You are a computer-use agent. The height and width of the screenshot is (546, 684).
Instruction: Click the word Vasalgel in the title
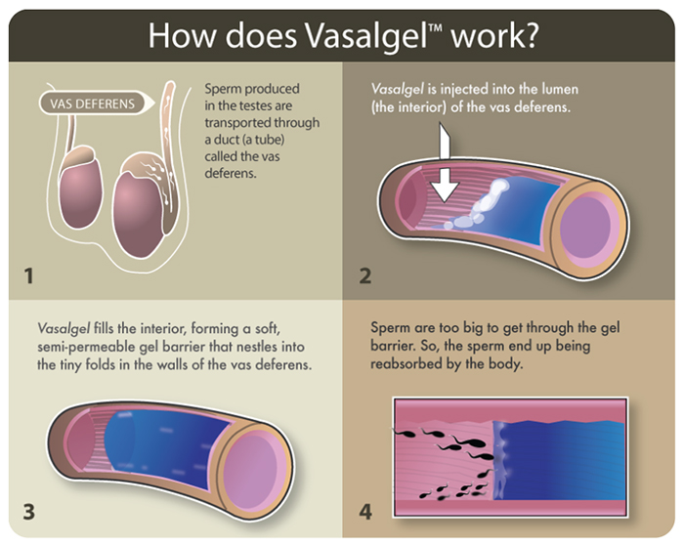[x=366, y=35]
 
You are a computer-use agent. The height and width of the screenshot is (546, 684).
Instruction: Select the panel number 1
[x=28, y=275]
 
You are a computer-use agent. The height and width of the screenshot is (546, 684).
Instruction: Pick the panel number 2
[x=364, y=275]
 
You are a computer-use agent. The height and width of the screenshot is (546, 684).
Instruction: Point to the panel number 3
[x=28, y=511]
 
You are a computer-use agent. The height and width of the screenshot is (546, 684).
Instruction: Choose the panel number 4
[x=365, y=511]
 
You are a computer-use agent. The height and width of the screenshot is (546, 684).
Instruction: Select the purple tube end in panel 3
[x=251, y=467]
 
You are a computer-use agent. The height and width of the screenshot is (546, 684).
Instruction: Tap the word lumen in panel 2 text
[x=560, y=90]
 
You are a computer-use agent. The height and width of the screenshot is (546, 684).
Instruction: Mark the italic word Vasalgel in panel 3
[x=64, y=328]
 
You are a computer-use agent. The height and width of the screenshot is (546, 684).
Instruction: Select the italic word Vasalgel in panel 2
[x=398, y=90]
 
